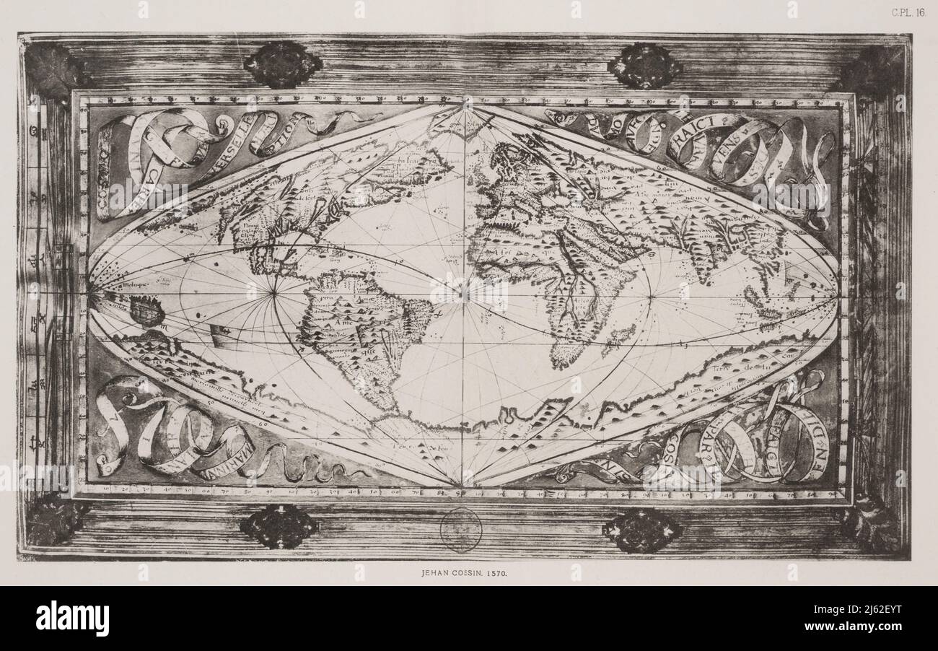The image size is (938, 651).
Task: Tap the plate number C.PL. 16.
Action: pos(908,12)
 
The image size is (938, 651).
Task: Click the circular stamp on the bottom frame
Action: pos(460,530)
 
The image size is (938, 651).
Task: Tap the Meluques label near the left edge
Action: pos(123,285)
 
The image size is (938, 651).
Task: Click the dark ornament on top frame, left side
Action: pos(282,65)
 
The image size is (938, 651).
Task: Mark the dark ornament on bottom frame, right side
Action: pos(641,530)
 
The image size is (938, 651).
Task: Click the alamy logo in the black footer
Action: pos(73,619)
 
